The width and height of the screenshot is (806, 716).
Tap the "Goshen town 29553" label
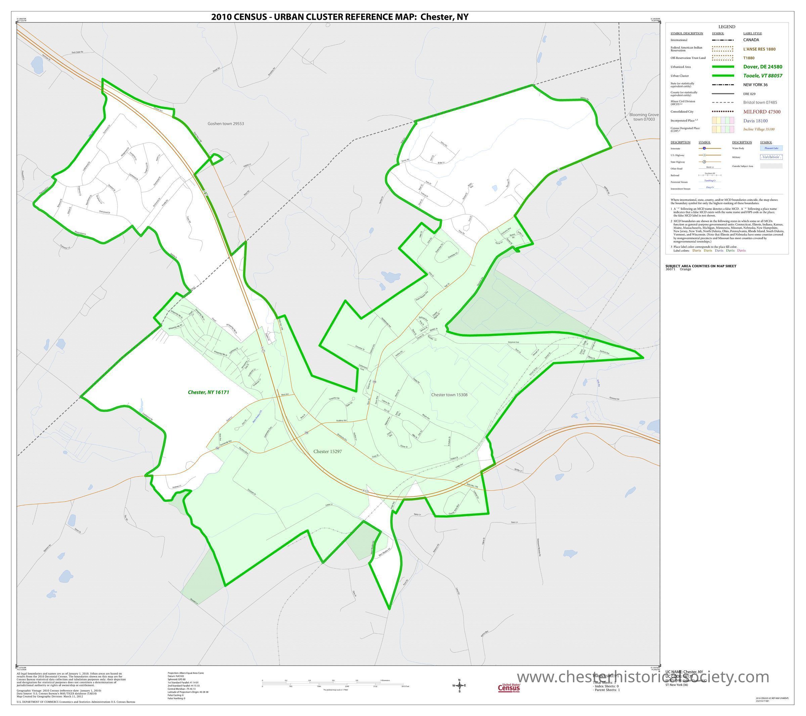pos(226,123)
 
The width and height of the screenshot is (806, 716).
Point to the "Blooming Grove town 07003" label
pos(644,117)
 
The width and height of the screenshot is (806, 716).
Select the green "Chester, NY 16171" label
pos(208,392)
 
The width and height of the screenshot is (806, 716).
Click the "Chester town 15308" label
pos(449,395)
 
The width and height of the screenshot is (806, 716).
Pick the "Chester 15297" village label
pos(327,451)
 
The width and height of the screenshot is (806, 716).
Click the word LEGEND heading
pos(726,27)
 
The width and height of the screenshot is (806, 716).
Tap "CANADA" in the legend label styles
pos(751,40)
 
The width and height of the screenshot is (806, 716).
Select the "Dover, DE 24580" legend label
pos(763,66)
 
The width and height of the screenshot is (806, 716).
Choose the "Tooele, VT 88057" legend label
pos(763,76)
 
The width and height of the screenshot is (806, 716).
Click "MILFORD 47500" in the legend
pos(761,111)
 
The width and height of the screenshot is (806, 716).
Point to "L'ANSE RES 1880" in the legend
pos(759,49)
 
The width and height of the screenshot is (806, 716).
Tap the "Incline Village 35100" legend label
pos(759,129)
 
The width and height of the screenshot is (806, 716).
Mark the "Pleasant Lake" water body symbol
pos(771,148)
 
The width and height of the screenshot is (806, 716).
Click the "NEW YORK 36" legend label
pos(755,85)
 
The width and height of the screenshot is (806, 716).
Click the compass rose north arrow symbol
pos(459,685)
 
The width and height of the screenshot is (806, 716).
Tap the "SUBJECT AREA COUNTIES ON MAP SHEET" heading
pos(701,266)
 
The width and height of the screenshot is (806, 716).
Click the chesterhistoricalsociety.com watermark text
pos(643,677)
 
